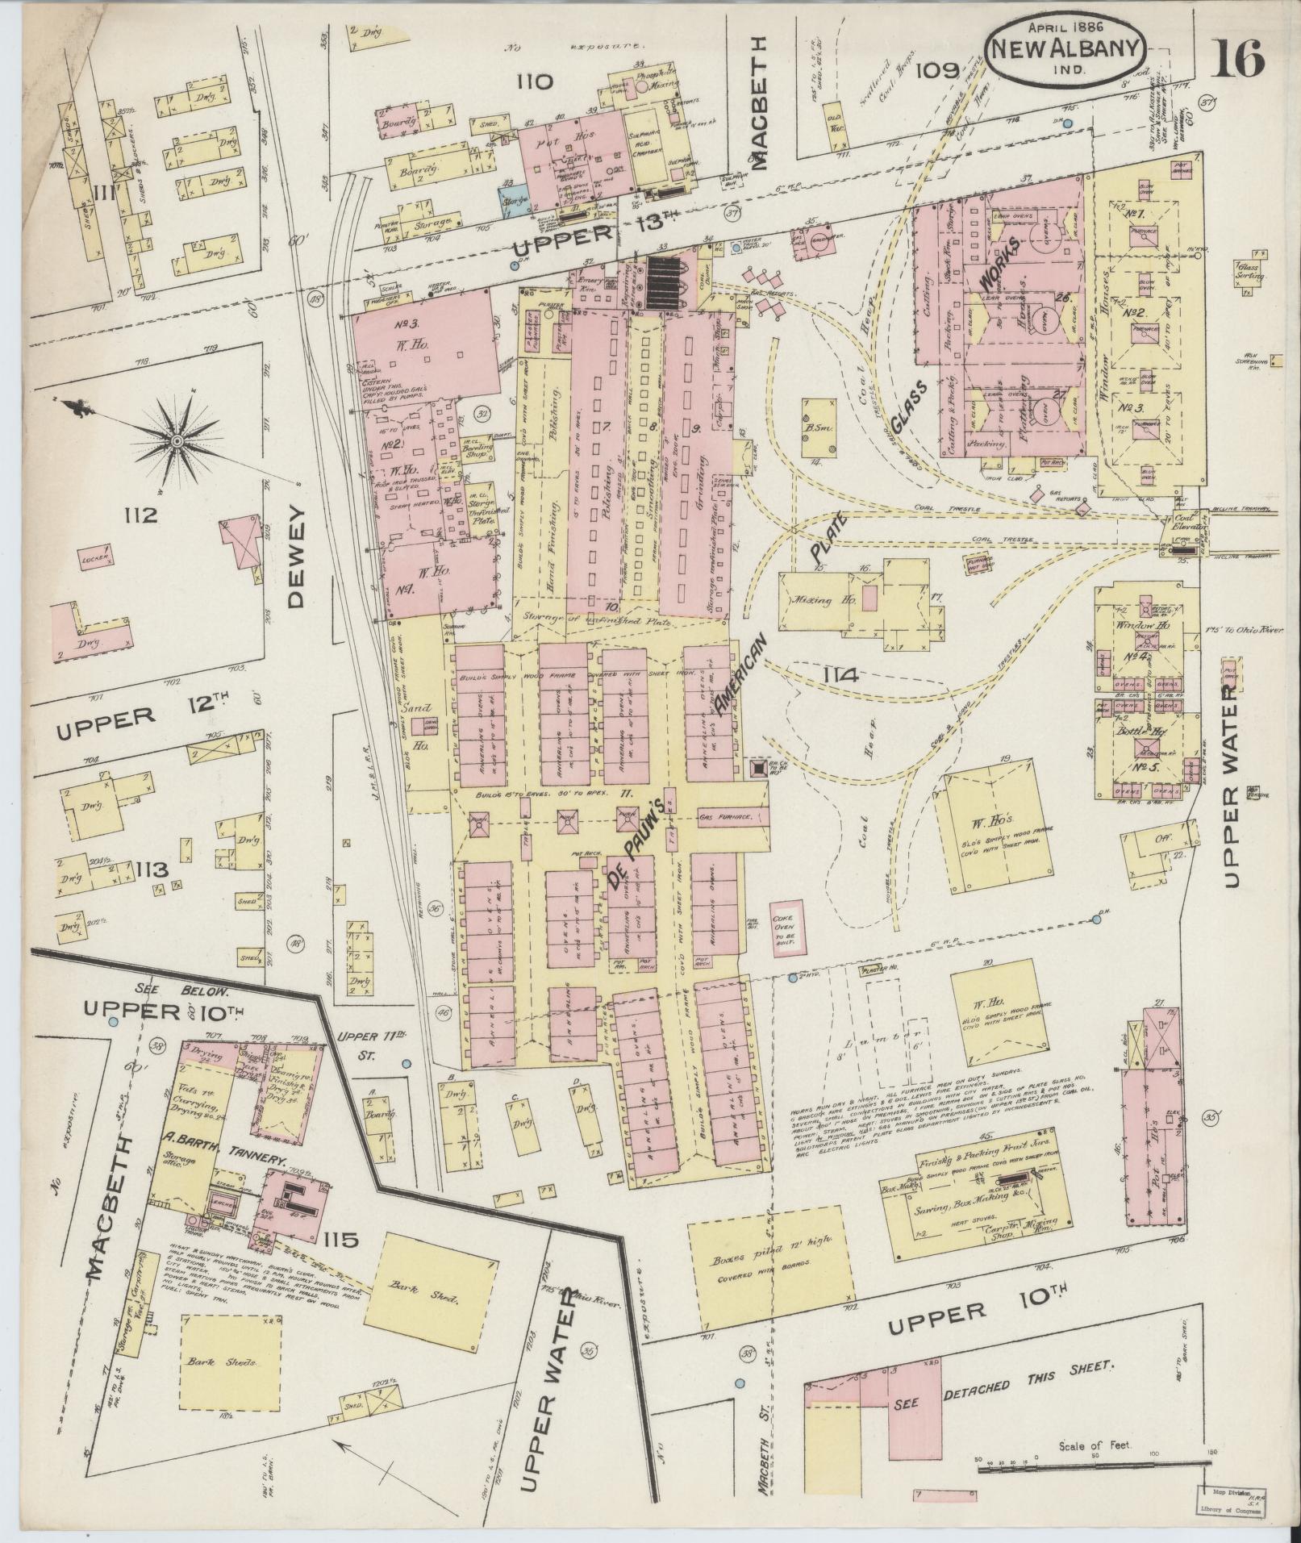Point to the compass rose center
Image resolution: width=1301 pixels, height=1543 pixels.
tap(175, 440)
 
